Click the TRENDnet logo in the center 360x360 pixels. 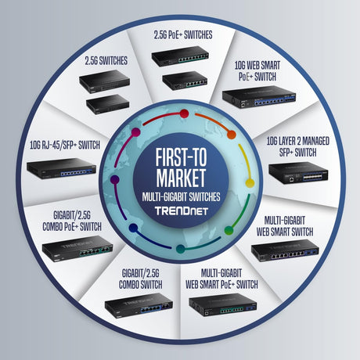(182, 211)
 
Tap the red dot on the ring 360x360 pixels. (184, 113)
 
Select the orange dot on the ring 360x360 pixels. (232, 135)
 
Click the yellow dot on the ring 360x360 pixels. (250, 183)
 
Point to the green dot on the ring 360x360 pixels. (229, 230)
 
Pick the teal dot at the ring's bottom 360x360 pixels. (181, 249)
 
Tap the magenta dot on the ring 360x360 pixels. (136, 132)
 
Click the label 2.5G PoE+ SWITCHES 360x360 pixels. (183, 35)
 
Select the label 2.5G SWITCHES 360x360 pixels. (106, 61)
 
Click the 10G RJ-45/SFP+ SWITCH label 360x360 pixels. (65, 145)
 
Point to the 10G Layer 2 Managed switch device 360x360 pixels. (298, 173)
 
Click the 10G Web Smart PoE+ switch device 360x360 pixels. (259, 97)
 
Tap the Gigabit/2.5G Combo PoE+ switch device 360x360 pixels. (77, 248)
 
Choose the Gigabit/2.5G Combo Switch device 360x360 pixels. (139, 305)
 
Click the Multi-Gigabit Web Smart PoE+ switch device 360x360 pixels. (223, 304)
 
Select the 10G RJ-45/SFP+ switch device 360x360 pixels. (61, 168)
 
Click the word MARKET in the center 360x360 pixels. (181, 178)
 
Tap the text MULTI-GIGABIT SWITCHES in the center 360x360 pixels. (182, 197)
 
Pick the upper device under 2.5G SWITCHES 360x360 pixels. (104, 81)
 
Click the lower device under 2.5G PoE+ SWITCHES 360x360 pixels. (185, 81)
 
